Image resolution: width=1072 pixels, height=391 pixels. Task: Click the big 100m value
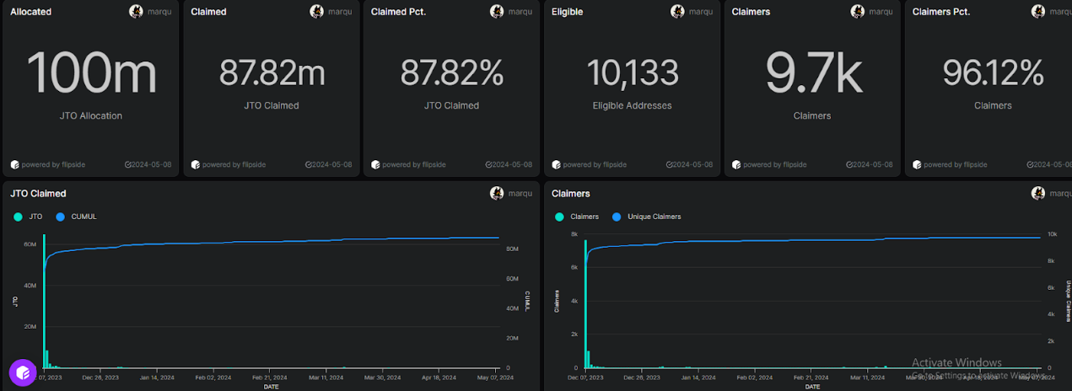tap(91, 73)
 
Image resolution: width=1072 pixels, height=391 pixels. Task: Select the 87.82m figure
tap(272, 73)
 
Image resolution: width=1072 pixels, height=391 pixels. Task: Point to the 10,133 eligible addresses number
tap(632, 73)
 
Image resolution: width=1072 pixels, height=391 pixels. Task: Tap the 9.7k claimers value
tap(812, 73)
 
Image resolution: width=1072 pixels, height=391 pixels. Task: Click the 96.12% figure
tap(992, 73)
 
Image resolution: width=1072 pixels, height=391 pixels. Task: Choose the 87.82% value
tap(451, 73)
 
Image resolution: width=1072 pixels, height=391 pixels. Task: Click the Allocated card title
tap(31, 12)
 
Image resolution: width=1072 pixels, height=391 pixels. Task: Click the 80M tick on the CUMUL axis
tap(511, 249)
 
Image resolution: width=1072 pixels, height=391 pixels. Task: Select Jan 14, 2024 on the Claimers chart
tap(706, 378)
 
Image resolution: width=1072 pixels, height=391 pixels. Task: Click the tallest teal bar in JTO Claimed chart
tap(44, 303)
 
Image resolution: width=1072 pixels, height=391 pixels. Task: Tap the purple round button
tap(22, 372)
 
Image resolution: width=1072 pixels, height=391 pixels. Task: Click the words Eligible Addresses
tap(632, 105)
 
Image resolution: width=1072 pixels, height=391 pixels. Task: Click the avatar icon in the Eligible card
tap(677, 12)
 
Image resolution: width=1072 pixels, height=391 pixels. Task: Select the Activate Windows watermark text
tap(956, 363)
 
